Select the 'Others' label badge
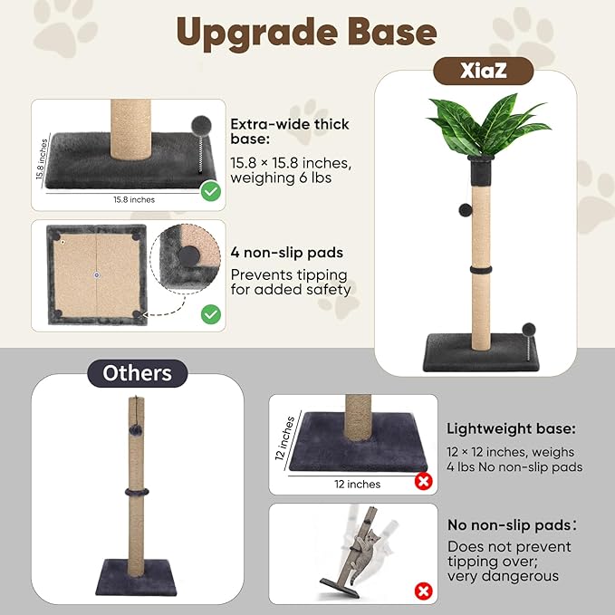point(137,372)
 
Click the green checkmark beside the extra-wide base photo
point(210,191)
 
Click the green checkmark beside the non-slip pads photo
point(210,314)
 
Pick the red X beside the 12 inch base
point(422,482)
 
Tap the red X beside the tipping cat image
point(422,591)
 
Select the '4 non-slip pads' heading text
point(286,253)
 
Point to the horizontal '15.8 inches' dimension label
point(133,199)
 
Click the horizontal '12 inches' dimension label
point(358,484)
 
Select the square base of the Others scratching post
point(139,571)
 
